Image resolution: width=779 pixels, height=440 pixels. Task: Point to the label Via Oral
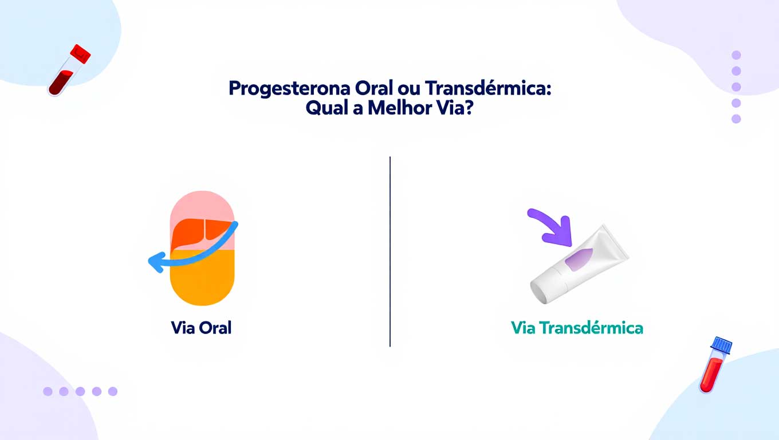tap(201, 328)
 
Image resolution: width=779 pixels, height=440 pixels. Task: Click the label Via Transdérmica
tap(577, 328)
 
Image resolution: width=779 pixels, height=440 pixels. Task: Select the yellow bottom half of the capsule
tap(203, 281)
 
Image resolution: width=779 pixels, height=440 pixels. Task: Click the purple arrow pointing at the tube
tap(550, 226)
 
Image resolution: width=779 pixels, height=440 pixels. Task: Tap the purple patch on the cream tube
tap(579, 260)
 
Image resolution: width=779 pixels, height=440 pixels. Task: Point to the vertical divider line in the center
tap(390, 252)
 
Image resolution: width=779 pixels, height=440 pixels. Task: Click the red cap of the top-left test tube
tap(80, 53)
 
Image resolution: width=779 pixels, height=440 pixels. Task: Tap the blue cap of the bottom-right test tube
tap(722, 345)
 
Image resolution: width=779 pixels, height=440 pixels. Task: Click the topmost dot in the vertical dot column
tap(737, 55)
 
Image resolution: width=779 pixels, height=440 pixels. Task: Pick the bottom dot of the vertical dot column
tap(737, 119)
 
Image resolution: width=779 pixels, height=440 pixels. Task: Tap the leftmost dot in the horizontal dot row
tap(48, 391)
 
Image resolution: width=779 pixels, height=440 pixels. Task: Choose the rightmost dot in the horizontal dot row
tap(113, 391)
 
